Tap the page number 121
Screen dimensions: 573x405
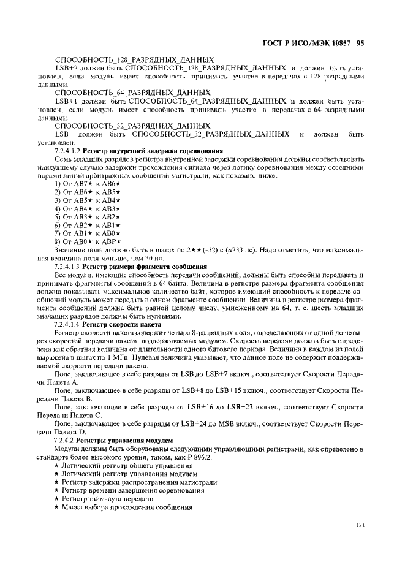click(x=360, y=524)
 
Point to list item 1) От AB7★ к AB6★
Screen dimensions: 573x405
click(x=88, y=184)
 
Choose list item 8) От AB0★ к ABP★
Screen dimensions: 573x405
click(x=88, y=241)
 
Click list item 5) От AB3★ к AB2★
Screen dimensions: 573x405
click(x=88, y=217)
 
